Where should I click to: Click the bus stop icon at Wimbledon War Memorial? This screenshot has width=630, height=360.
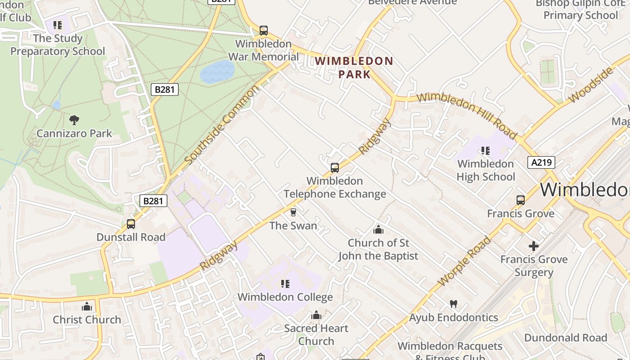(x=264, y=31)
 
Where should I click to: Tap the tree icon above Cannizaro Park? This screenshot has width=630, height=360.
(x=74, y=120)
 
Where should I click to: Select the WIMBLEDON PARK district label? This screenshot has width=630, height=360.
(x=354, y=67)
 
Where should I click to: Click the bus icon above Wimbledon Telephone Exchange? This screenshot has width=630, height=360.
(x=334, y=168)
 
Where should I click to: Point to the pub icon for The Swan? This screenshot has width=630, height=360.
(x=293, y=212)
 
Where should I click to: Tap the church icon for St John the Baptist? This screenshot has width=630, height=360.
(x=378, y=229)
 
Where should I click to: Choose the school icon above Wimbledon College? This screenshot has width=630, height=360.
(x=285, y=284)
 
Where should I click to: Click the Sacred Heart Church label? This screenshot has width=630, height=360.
(x=316, y=335)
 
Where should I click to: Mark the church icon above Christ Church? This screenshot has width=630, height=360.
(x=87, y=307)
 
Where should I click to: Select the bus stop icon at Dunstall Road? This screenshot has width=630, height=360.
(x=131, y=224)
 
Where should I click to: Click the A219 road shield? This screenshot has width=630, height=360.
(x=541, y=162)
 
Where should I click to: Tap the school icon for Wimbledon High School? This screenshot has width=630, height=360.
(x=485, y=150)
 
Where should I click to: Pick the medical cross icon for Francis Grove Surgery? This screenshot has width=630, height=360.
(x=534, y=246)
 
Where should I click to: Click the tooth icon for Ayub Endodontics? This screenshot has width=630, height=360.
(x=453, y=304)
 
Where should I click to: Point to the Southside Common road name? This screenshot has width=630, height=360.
(x=222, y=125)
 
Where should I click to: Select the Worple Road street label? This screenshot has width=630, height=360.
(x=464, y=261)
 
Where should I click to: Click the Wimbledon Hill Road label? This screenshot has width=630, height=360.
(x=467, y=115)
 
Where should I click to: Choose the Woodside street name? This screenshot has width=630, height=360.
(x=591, y=85)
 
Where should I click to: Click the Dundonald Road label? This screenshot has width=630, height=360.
(x=565, y=337)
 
